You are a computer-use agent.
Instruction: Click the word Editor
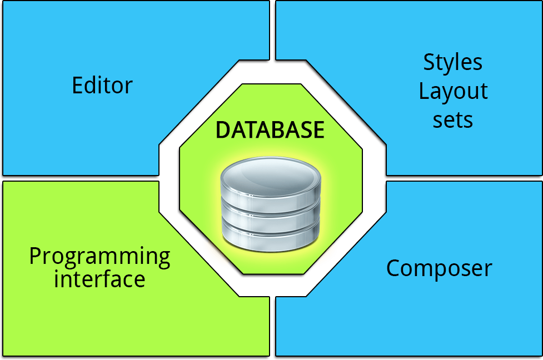point(102,86)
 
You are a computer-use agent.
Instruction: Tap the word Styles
point(453,62)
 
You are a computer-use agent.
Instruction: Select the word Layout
point(453,91)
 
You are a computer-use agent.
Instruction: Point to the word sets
point(453,119)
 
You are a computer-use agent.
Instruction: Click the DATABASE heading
point(270,130)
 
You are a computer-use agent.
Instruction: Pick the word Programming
point(99,257)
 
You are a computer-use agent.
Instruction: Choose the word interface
point(99,278)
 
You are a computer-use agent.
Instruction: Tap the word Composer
point(439,268)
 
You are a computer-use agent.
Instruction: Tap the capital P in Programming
point(36,257)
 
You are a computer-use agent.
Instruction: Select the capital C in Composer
point(393,268)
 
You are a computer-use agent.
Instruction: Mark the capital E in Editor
point(77,86)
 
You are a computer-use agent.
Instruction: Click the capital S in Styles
point(429,62)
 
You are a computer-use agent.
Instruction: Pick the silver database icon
point(271,206)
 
